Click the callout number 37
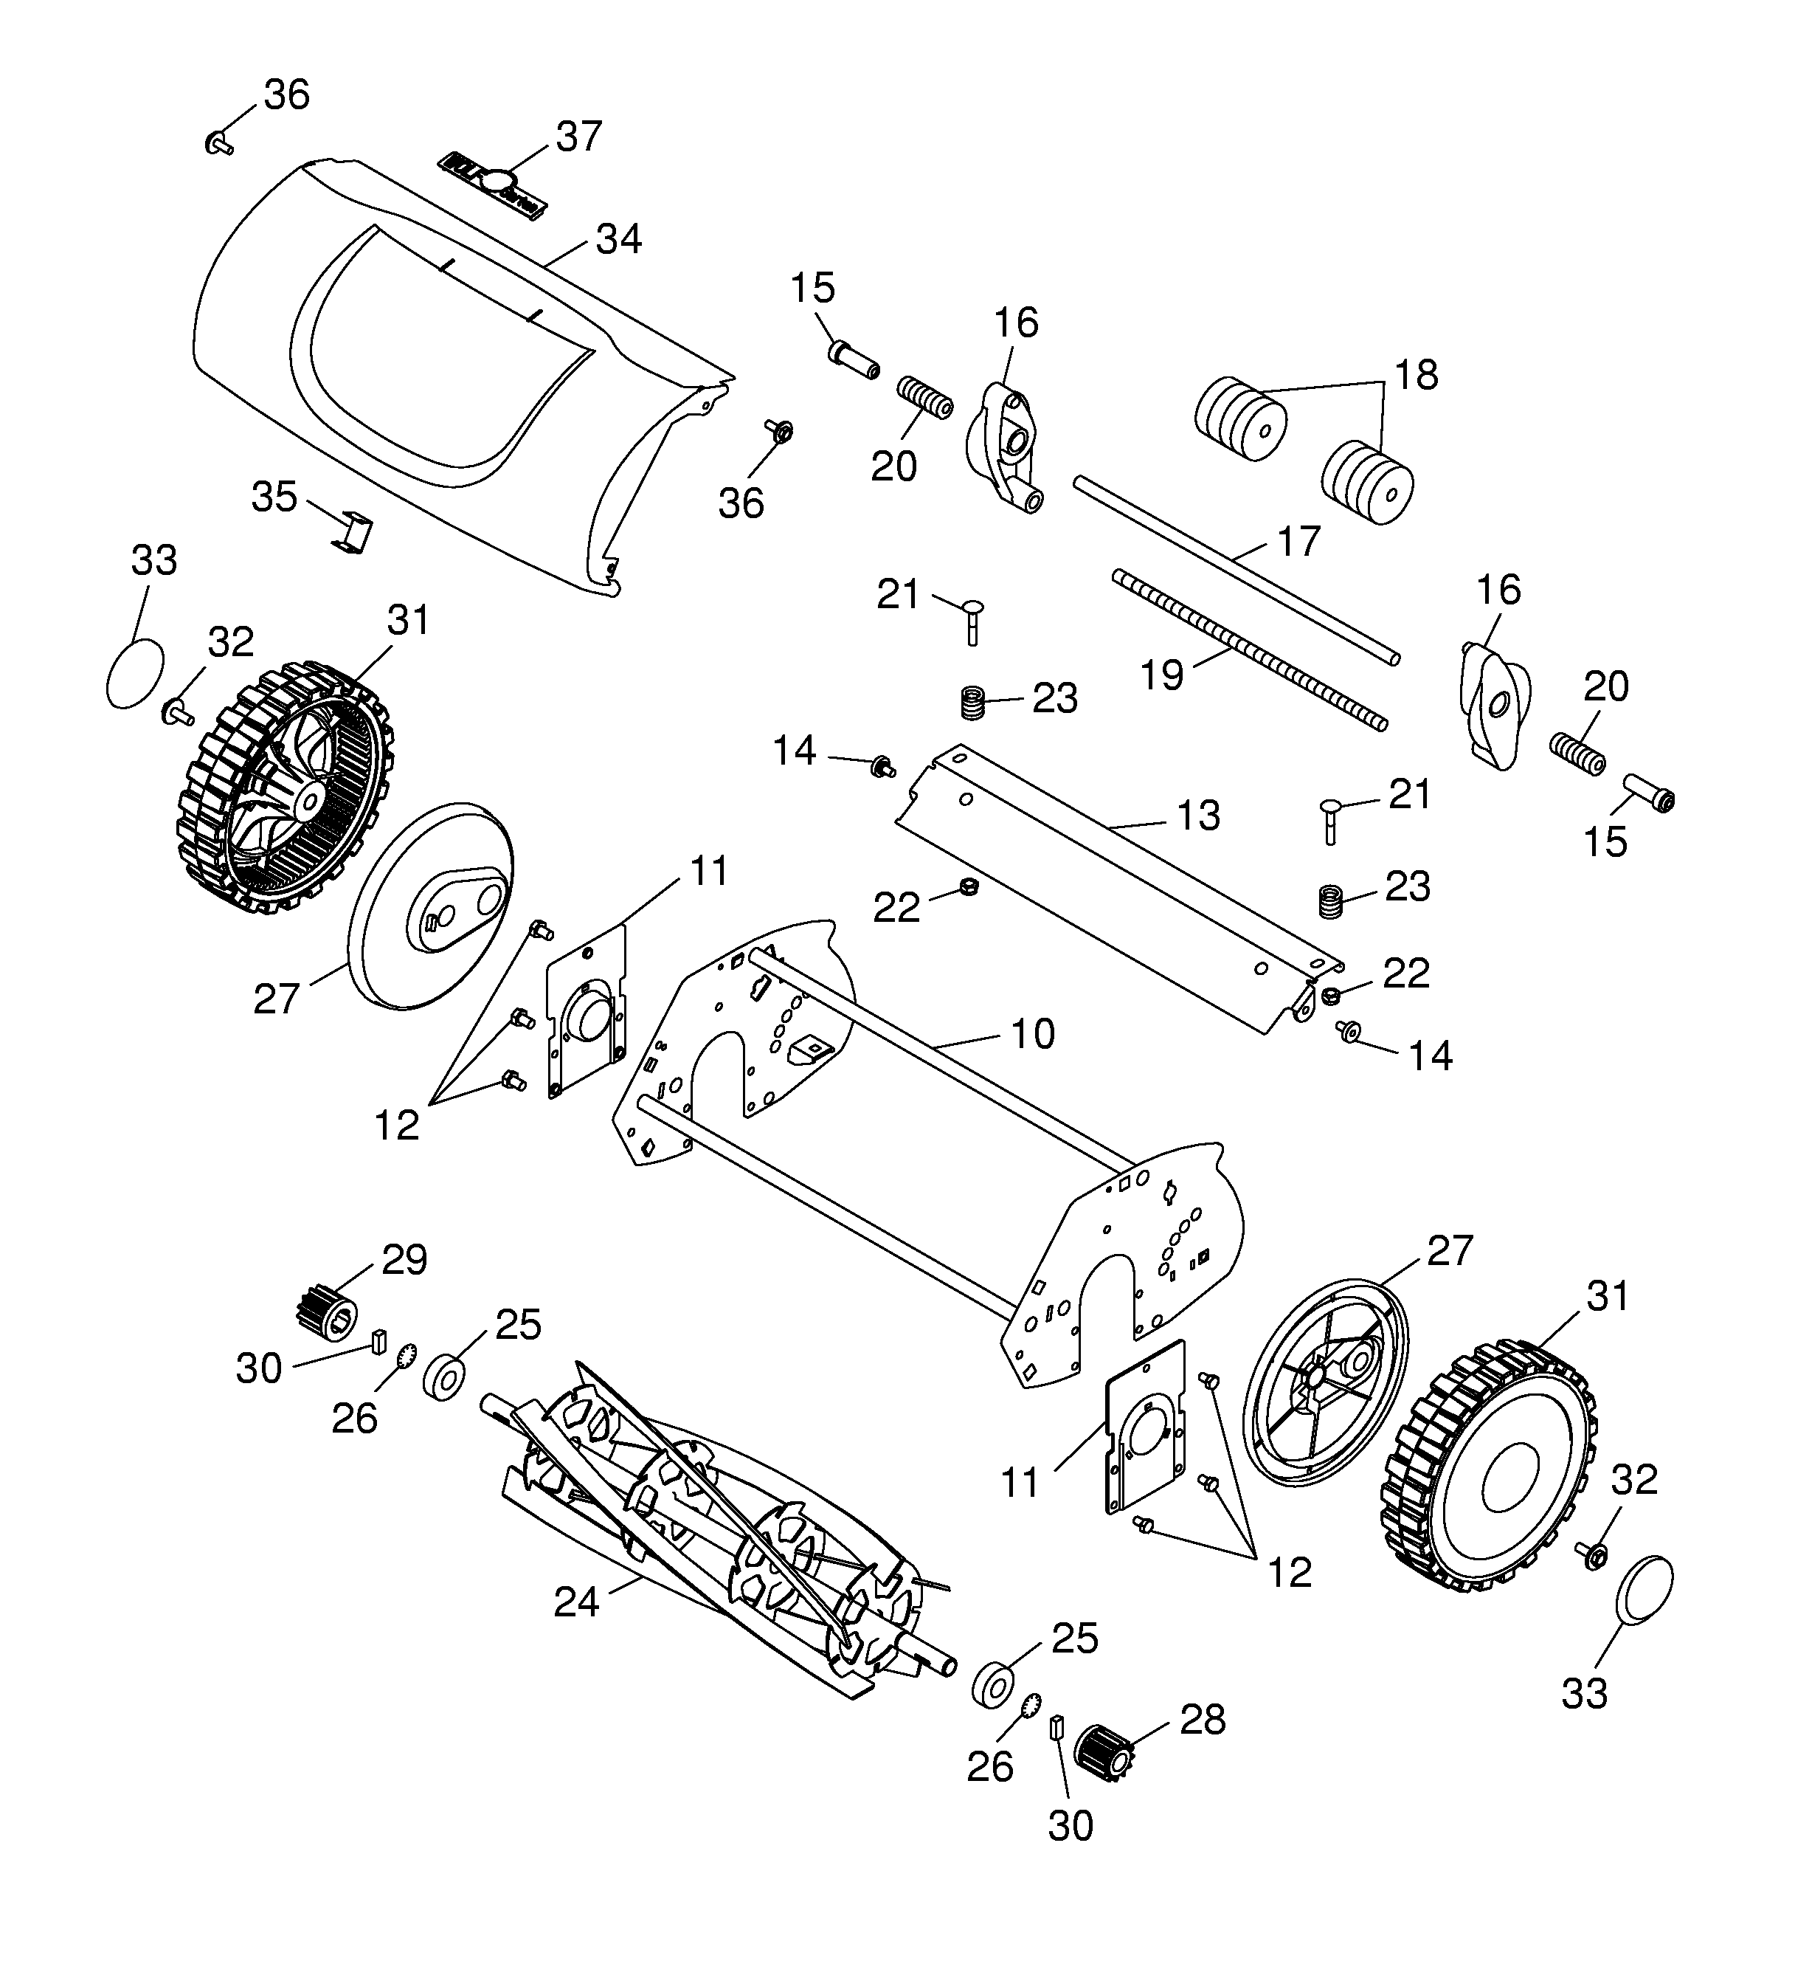pos(578,137)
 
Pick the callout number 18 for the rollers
pos(1415,375)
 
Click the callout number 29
pos(404,1260)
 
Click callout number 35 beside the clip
pos(274,497)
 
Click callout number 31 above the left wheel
pos(408,619)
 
